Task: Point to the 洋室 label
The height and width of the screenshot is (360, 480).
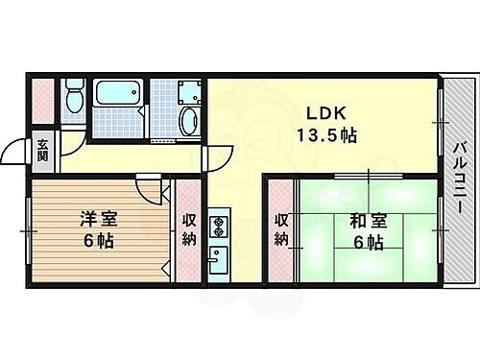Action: pyautogui.click(x=91, y=219)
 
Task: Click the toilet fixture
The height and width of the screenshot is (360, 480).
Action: pyautogui.click(x=73, y=100)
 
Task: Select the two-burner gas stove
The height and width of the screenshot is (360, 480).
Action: pyautogui.click(x=217, y=228)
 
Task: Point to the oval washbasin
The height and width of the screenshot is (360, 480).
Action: pyautogui.click(x=188, y=121)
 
